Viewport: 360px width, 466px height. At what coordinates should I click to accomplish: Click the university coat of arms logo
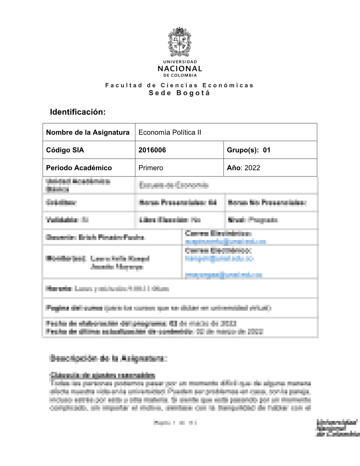point(180,42)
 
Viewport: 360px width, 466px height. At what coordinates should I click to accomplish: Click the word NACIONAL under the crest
point(180,69)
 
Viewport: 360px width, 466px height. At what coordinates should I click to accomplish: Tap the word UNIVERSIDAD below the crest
point(180,62)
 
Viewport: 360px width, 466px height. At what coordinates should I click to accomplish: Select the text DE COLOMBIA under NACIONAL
point(180,75)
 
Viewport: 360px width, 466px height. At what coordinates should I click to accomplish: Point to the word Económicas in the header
point(228,85)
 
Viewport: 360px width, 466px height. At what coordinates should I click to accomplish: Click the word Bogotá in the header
point(193,93)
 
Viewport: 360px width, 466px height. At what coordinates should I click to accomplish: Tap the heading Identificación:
point(78,112)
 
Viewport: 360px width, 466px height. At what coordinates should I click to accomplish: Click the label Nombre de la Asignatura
point(88,132)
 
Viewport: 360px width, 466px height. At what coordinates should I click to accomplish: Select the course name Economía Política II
point(170,132)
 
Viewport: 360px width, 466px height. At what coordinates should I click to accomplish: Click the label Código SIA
point(65,150)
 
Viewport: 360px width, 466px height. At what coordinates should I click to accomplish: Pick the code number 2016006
point(152,150)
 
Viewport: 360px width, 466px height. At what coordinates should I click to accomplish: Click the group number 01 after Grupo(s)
point(266,150)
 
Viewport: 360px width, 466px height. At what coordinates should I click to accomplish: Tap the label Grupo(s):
point(243,150)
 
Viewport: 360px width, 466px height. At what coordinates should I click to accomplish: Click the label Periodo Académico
point(79,168)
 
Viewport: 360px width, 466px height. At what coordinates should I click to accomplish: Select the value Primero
point(151,168)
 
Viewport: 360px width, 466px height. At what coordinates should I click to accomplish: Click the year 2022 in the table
point(252,168)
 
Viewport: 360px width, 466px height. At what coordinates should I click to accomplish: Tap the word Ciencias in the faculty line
point(179,85)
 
